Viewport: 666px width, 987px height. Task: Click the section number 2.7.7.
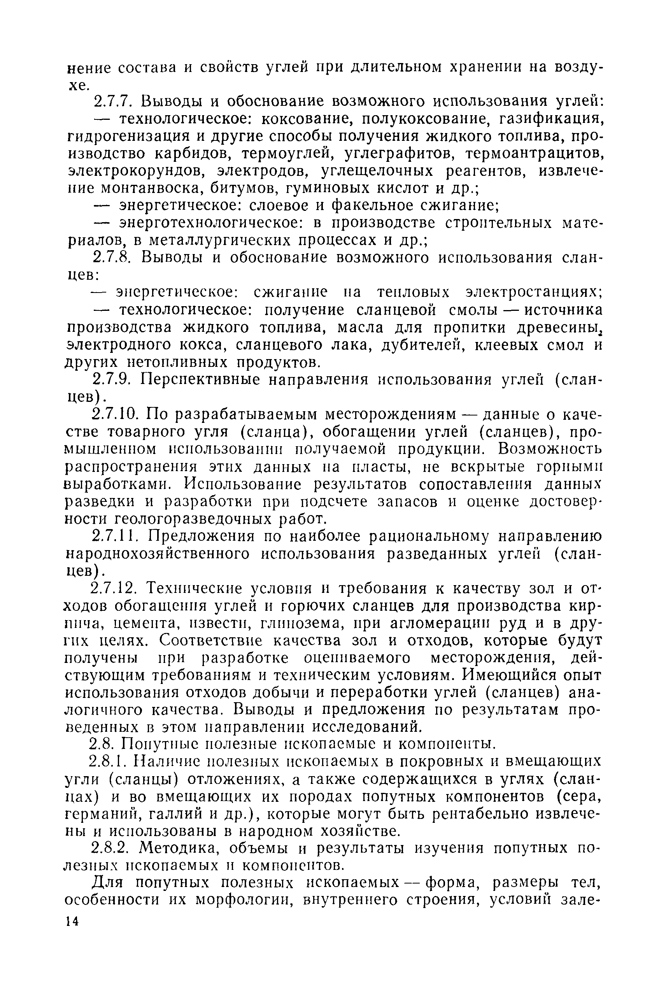[114, 102]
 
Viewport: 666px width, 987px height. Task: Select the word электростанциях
[534, 293]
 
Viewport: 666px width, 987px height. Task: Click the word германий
[102, 814]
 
